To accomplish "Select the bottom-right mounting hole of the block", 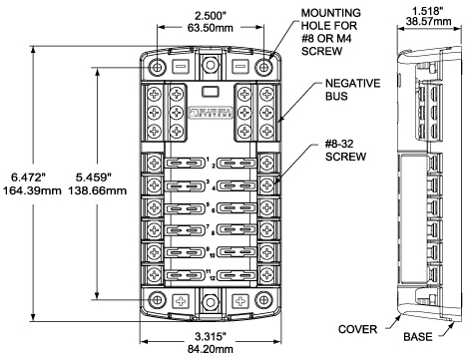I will point(263,300).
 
